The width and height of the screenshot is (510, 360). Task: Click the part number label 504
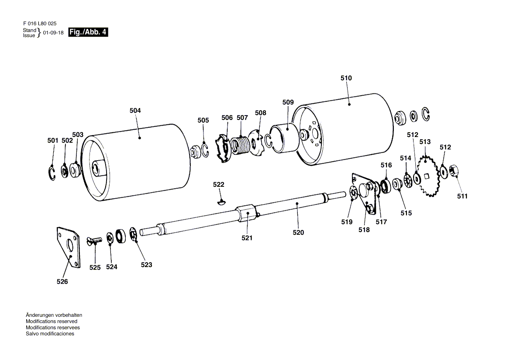(x=135, y=111)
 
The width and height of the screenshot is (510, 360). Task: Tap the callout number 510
(x=346, y=78)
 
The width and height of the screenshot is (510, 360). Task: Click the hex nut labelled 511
(x=453, y=171)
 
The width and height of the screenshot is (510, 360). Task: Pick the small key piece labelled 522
(x=222, y=202)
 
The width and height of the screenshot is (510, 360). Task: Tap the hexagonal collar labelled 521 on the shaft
(x=247, y=213)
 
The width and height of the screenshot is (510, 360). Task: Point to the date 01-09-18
(x=53, y=33)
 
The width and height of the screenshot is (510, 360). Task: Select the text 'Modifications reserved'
(x=52, y=321)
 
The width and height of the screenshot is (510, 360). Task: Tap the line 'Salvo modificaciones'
(x=50, y=334)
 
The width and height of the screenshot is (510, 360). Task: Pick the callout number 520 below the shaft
(x=298, y=233)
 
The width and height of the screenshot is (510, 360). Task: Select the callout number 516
(x=386, y=165)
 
